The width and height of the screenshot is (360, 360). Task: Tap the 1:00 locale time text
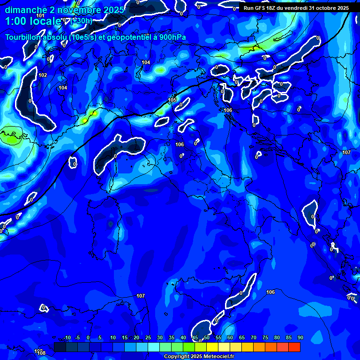[33, 21]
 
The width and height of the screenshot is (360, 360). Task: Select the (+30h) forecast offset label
[81, 21]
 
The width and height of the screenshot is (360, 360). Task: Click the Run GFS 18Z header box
[296, 7]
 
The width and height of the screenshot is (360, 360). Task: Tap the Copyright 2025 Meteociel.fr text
[199, 356]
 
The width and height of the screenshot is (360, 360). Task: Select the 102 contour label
[43, 75]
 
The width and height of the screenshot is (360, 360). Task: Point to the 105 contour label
[172, 100]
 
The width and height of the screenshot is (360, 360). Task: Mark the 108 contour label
[42, 352]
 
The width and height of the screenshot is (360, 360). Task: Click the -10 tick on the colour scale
[67, 338]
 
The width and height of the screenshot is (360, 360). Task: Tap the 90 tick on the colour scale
[300, 338]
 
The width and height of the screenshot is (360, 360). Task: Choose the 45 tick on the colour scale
[195, 338]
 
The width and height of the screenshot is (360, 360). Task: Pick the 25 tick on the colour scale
[148, 338]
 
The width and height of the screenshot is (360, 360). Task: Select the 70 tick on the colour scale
[254, 338]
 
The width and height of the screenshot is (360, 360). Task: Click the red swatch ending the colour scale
[294, 347]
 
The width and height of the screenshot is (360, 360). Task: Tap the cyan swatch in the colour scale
[154, 347]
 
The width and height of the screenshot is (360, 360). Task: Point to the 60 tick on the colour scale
[230, 338]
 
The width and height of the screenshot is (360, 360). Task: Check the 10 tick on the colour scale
[113, 338]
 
